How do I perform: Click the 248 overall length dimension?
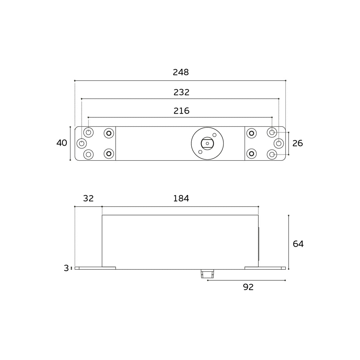[181, 72]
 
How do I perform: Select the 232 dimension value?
[181, 92]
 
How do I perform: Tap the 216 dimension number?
[181, 111]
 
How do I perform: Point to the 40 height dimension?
[62, 143]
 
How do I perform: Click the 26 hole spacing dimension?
[297, 143]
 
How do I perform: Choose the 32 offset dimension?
[88, 199]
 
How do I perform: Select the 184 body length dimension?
[181, 199]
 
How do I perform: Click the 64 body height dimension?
[298, 244]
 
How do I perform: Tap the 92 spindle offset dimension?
[248, 287]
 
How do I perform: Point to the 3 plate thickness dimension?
[66, 268]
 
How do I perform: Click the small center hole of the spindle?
[207, 143]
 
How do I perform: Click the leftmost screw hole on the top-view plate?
[82, 143]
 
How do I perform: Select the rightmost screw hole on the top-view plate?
[279, 143]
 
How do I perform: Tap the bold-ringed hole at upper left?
[109, 133]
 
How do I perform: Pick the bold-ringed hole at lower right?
[251, 154]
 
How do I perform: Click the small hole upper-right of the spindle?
[214, 135]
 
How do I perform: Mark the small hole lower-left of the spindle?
[200, 152]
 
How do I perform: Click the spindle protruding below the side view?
[207, 274]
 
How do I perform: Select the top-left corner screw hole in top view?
[88, 132]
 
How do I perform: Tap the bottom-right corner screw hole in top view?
[272, 154]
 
